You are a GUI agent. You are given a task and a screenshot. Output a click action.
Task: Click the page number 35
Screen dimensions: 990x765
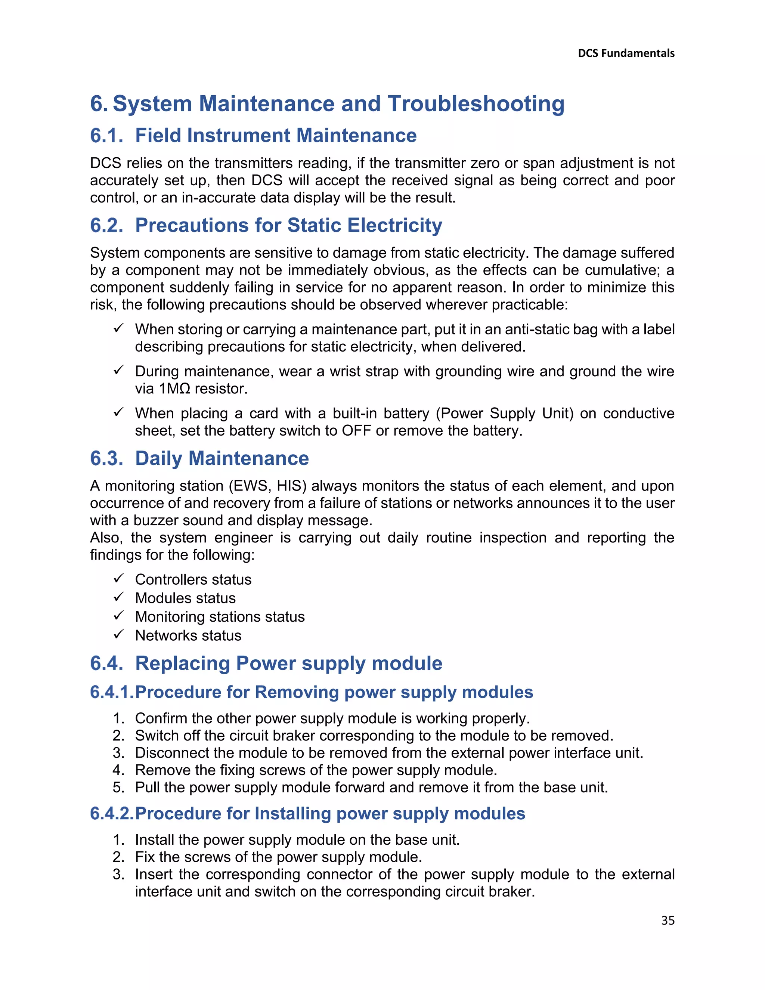(x=668, y=921)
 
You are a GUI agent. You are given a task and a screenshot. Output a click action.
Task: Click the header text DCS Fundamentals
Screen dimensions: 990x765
(x=626, y=53)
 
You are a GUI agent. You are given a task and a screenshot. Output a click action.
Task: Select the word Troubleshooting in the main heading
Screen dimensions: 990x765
(x=476, y=104)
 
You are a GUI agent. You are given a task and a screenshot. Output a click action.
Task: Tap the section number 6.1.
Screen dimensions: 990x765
(x=106, y=136)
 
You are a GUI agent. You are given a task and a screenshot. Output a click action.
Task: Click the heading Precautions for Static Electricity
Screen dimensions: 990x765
(x=288, y=225)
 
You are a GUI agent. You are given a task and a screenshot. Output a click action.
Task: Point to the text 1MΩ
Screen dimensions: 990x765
(x=174, y=389)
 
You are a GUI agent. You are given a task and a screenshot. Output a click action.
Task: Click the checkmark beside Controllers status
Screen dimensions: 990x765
(x=119, y=578)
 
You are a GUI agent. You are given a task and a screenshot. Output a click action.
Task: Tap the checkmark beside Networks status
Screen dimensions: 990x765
(x=119, y=634)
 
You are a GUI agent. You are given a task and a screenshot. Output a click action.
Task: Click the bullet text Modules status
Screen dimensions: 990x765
(x=185, y=598)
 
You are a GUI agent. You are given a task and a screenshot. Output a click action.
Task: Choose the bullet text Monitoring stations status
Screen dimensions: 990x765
(x=219, y=617)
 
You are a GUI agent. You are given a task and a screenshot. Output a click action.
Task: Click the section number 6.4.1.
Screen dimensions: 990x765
(x=111, y=692)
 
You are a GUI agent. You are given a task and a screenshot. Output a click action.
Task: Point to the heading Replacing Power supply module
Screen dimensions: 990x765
(x=288, y=663)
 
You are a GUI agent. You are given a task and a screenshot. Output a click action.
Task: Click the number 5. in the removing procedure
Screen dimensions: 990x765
(x=118, y=788)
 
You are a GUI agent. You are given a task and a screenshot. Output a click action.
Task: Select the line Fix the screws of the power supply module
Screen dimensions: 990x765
(x=278, y=857)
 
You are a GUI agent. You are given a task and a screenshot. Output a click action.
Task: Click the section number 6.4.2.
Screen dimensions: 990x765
(x=111, y=814)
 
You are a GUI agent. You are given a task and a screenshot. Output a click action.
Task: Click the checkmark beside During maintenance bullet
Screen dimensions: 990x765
(x=119, y=370)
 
